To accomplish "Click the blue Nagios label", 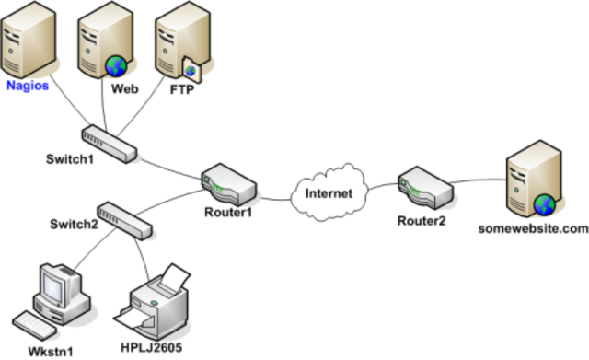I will coord(27,85).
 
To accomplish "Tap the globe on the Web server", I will coord(116,65).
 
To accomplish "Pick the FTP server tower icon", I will coord(178,41).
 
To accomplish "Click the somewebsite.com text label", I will coord(531,227).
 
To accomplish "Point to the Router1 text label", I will coord(226,213).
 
